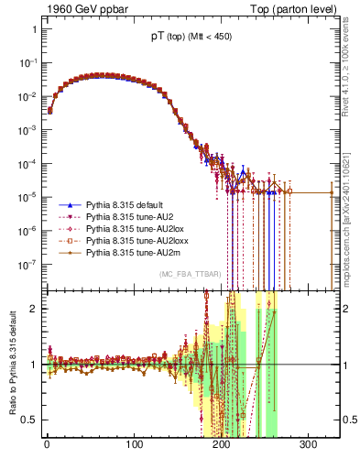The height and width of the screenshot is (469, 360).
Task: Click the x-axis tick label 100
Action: click(135, 446)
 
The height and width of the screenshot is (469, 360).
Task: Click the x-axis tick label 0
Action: click(47, 446)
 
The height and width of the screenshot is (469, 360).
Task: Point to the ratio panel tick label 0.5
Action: click(28, 420)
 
